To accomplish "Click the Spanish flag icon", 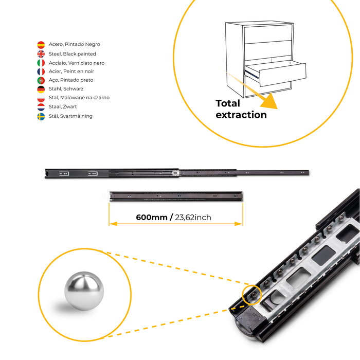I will (41, 45).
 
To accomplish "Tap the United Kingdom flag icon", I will (41, 54).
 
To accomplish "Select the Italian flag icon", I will (41, 63).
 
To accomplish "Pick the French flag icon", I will (41, 71).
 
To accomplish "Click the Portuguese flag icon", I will (41, 80).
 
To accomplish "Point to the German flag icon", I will (41, 89).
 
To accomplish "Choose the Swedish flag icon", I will (41, 116).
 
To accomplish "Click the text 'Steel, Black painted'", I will (73, 54).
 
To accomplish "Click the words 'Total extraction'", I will (241, 109).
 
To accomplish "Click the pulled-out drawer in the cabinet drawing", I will (275, 75).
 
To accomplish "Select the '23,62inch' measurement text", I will (193, 218).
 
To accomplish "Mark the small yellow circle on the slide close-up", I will (251, 294).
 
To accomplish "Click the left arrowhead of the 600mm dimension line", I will (111, 224).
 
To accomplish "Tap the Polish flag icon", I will (41, 98).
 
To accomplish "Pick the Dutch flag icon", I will (41, 107).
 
